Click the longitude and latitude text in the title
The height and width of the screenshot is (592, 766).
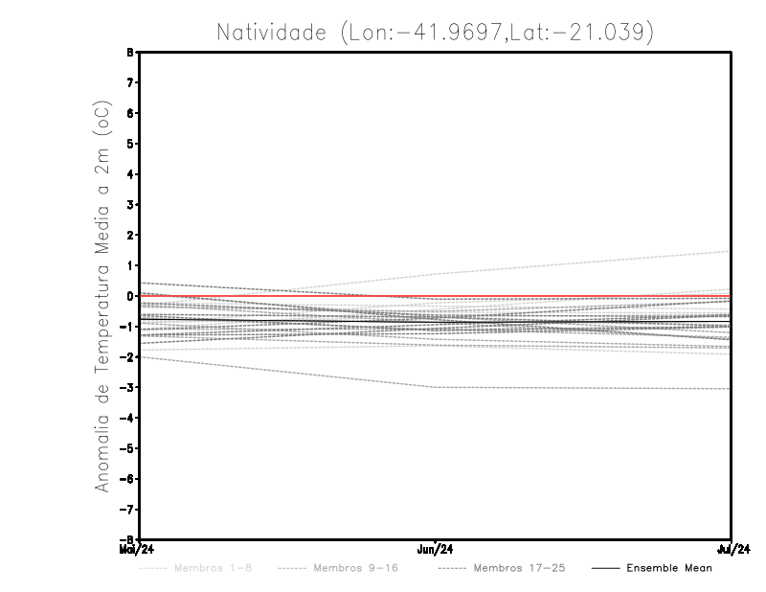[x=497, y=33]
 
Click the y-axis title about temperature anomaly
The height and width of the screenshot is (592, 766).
[x=103, y=296]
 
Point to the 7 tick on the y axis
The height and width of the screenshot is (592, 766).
[x=131, y=83]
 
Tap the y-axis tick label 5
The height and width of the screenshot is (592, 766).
[x=131, y=144]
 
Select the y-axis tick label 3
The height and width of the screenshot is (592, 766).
[x=131, y=205]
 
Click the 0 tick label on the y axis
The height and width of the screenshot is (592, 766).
[x=131, y=296]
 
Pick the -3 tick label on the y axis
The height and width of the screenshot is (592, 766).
[x=129, y=387]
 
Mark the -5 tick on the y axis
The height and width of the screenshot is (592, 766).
[x=129, y=448]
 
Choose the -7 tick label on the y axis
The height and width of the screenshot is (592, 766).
[x=129, y=509]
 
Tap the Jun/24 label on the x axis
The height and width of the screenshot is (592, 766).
[x=436, y=550]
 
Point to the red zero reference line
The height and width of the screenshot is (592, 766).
[x=287, y=295]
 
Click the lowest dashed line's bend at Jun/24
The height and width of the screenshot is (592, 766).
[x=436, y=387]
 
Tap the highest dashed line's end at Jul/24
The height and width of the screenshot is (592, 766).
[x=731, y=251]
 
